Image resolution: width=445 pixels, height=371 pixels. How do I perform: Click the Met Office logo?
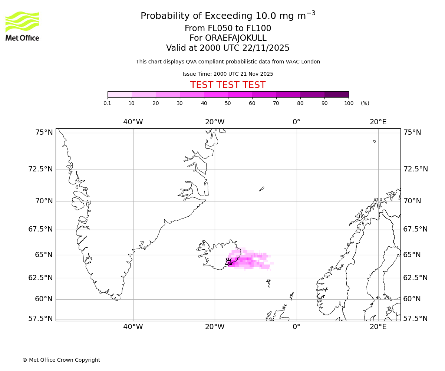tap(22, 26)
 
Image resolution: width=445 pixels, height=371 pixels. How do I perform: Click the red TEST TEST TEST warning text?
tap(228, 85)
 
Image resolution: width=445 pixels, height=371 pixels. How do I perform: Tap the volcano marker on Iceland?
tap(228, 262)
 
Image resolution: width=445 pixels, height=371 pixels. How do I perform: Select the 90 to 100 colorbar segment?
tap(336, 94)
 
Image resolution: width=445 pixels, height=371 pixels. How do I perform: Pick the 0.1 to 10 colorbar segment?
tap(119, 94)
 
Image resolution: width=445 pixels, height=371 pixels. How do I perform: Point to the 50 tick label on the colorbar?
tap(228, 103)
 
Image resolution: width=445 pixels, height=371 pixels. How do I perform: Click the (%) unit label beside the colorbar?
tap(365, 103)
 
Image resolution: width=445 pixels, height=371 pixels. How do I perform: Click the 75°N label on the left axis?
tap(40, 132)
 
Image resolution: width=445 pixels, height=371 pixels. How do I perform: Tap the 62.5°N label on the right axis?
tap(415, 278)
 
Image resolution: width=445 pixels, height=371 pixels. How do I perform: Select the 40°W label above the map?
tap(133, 122)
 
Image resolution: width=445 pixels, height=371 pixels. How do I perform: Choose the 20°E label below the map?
tap(378, 326)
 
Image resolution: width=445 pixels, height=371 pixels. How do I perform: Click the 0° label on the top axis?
tap(296, 122)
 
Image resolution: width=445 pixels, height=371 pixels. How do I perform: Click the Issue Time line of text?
tap(228, 74)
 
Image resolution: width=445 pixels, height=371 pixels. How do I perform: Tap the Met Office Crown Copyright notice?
tap(61, 360)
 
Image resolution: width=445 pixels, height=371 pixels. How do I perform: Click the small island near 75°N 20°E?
tap(375, 141)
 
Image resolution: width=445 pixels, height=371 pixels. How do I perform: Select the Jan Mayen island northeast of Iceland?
tap(261, 189)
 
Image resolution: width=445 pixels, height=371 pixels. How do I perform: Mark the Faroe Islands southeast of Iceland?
tap(268, 283)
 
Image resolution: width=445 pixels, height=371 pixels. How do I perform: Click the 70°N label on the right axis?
tap(412, 201)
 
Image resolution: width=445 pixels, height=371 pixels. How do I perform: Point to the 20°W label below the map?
tap(215, 326)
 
